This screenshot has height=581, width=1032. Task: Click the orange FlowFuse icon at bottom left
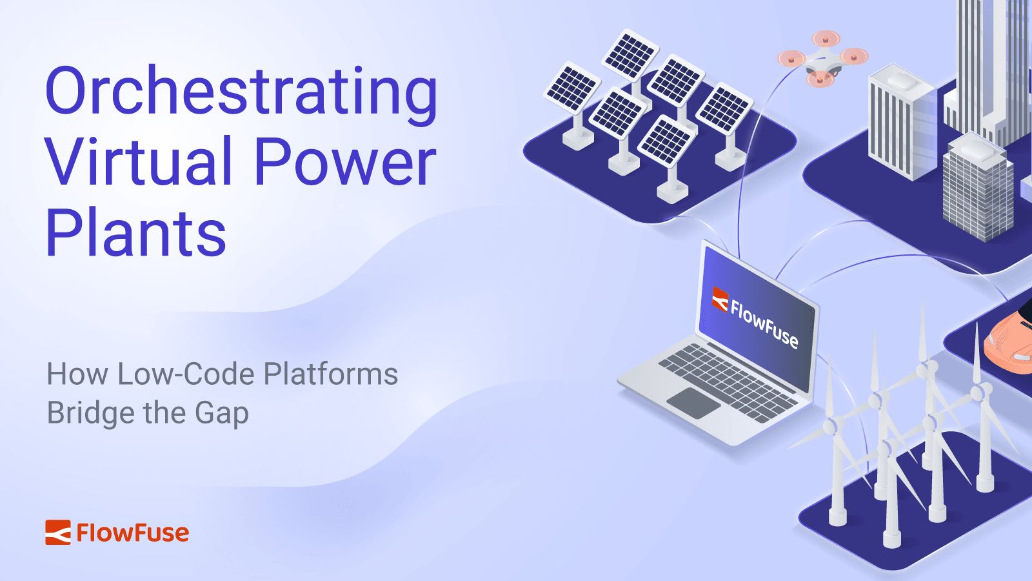[x=57, y=533]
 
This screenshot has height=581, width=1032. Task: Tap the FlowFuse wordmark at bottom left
[x=133, y=533]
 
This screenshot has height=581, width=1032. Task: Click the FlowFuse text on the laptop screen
[x=764, y=323]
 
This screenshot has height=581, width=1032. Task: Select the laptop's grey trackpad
[x=693, y=403]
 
